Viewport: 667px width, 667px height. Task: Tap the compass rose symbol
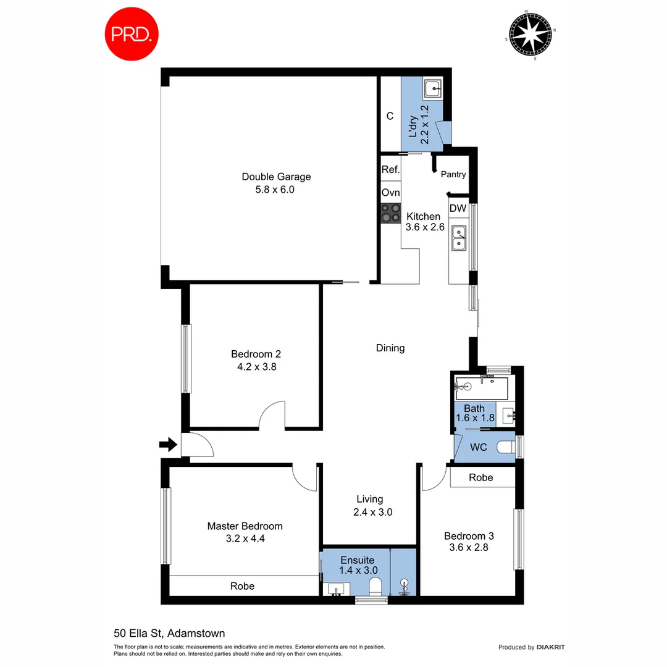531,35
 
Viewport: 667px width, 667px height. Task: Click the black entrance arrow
167,444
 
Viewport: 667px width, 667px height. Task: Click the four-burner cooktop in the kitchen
390,213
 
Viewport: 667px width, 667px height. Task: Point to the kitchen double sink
458,238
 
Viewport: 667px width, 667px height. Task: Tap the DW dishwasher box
458,209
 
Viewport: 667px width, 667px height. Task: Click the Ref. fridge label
390,170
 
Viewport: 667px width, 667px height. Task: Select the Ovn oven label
390,193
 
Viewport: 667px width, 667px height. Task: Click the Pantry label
453,175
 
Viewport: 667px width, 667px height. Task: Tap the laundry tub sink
434,89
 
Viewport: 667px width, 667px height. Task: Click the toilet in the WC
506,447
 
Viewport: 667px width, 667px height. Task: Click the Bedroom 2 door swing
272,415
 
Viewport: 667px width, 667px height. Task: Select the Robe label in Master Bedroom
242,585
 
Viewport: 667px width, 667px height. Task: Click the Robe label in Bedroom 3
480,477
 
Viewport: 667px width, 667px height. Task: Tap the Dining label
390,348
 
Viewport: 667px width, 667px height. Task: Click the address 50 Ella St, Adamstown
169,633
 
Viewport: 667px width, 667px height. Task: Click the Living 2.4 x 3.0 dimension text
370,512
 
